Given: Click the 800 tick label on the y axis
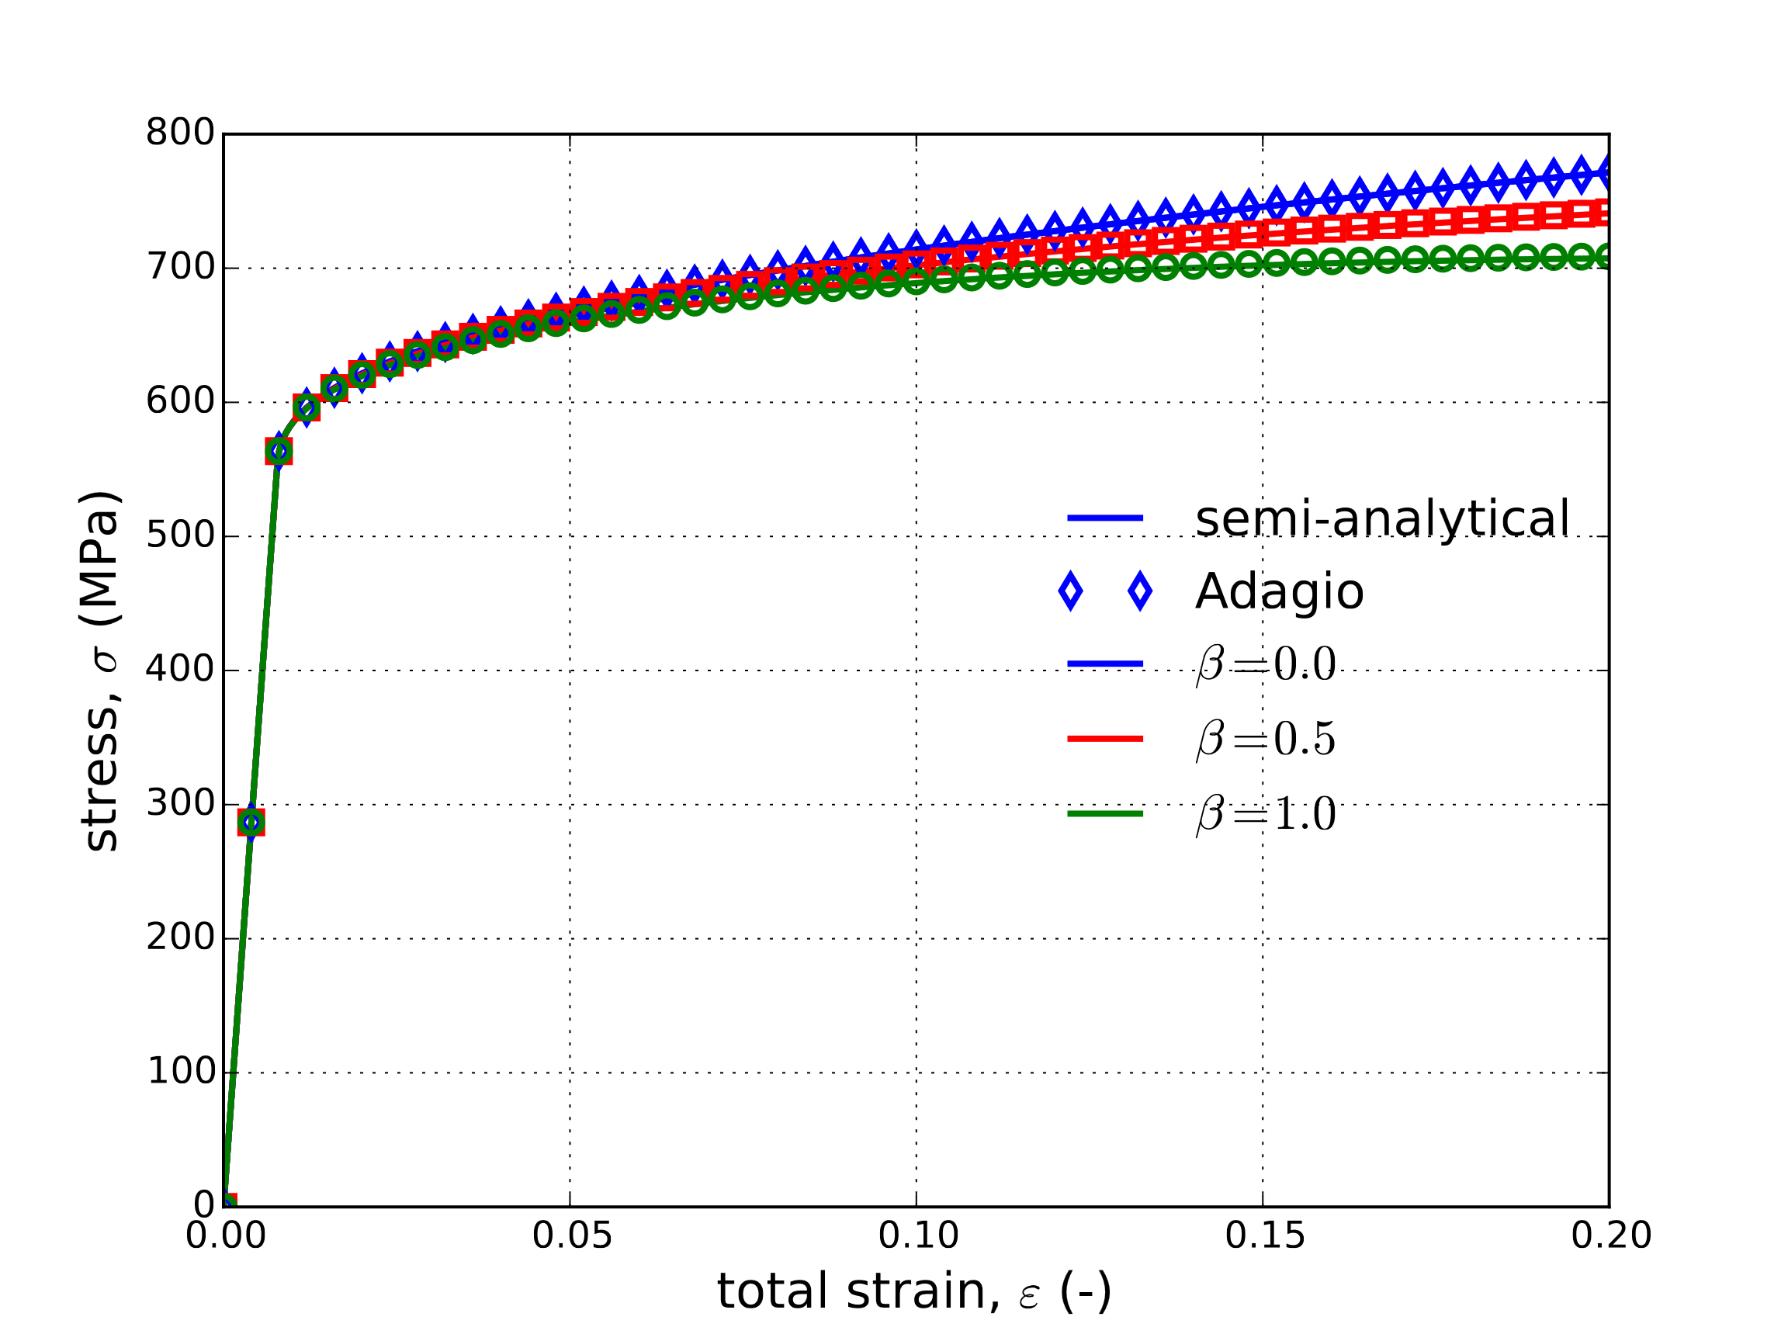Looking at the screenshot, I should click(x=179, y=133).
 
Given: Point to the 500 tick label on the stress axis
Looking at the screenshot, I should click(x=179, y=536).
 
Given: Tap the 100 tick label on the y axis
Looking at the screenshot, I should click(x=181, y=1072).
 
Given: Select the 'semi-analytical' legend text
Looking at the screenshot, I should click(x=1382, y=518).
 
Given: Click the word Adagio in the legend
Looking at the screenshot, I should click(x=1280, y=591).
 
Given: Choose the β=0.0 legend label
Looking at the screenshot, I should click(x=1266, y=664).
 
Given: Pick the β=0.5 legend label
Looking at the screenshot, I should click(x=1266, y=739).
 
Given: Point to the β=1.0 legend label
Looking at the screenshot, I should click(x=1266, y=814).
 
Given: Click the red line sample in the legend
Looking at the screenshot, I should click(x=1105, y=739).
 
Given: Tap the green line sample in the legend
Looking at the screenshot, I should click(x=1105, y=814).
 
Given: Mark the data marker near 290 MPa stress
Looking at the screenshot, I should click(x=251, y=823).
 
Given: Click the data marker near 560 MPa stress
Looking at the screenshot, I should click(x=279, y=452).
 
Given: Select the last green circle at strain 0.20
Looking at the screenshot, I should click(x=1608, y=257).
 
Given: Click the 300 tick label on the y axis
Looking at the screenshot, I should click(x=179, y=803).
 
